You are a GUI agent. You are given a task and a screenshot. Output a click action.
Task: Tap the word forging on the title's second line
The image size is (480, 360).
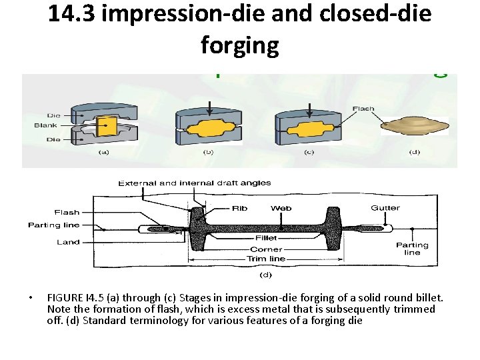[239, 45]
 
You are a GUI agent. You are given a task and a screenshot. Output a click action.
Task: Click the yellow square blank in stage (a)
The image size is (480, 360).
[107, 126]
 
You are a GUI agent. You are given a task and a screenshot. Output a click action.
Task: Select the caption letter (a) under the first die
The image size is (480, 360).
[104, 153]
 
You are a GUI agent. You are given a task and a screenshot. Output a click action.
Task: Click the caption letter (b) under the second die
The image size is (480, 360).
[209, 153]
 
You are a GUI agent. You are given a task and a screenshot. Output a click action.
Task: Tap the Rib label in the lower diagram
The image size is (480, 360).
[239, 208]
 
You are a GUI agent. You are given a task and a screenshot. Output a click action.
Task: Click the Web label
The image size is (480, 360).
[281, 208]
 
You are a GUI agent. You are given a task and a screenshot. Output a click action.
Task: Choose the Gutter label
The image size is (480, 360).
[385, 208]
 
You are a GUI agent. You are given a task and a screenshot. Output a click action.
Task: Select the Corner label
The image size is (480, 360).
[266, 249]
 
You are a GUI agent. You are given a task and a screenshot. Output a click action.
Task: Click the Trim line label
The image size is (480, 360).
[267, 259]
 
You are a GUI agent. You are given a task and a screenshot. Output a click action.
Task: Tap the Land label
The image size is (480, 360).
[68, 242]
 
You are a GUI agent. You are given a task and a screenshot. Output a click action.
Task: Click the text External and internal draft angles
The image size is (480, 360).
[195, 183]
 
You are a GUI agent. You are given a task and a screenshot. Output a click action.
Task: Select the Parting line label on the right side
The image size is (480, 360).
[412, 249]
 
